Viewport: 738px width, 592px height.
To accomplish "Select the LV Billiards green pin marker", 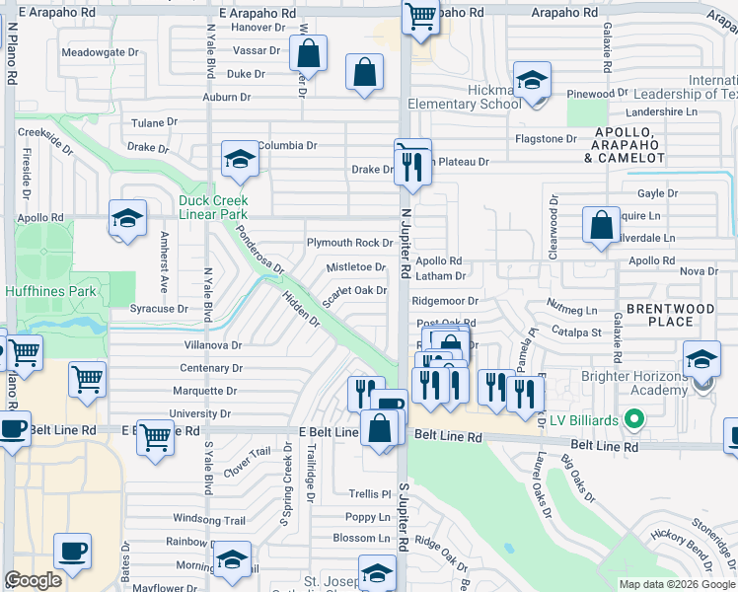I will [634, 420].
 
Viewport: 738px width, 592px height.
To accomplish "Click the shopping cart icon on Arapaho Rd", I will [421, 17].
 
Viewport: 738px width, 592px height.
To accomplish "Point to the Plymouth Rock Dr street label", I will [350, 243].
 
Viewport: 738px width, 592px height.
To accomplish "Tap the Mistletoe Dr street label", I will [356, 266].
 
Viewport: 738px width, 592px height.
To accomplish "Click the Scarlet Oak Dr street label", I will [353, 291].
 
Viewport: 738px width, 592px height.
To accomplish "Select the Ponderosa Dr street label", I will [259, 254].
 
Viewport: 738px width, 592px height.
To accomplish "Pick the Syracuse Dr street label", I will [159, 309].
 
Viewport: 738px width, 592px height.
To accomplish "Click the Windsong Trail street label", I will [208, 519].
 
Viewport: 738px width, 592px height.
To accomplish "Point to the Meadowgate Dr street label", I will [100, 51].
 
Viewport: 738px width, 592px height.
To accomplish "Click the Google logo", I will [33, 580].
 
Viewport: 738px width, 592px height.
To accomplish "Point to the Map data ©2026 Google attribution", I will [676, 584].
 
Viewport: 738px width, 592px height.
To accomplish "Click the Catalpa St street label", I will [576, 333].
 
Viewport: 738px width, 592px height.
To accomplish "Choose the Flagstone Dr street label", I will [544, 139].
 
